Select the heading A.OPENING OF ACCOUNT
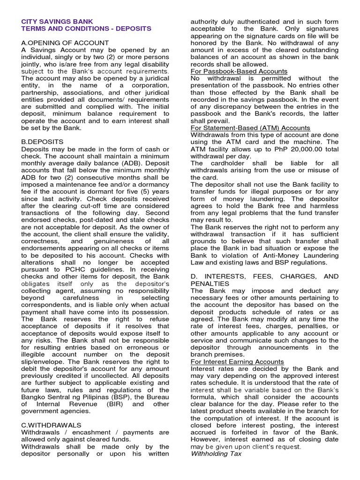(65, 43)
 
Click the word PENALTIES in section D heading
(210, 284)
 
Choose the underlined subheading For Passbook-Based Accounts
(239, 71)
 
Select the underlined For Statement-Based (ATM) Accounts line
(250, 127)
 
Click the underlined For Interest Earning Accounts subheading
(237, 361)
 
